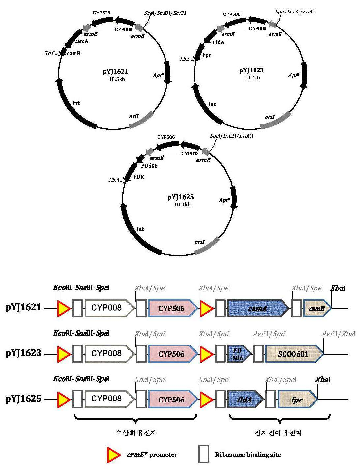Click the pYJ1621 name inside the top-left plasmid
pyautogui.click(x=115, y=72)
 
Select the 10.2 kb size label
pyautogui.click(x=252, y=78)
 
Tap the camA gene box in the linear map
pyautogui.click(x=258, y=308)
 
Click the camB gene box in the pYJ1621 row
pyautogui.click(x=317, y=308)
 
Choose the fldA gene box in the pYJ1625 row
pyautogui.click(x=246, y=400)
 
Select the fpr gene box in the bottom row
pyautogui.click(x=298, y=400)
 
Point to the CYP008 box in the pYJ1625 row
pyautogui.click(x=109, y=400)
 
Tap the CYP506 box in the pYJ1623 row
pyautogui.click(x=173, y=354)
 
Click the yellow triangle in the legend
pyautogui.click(x=114, y=455)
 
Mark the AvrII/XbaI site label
pyautogui.click(x=338, y=334)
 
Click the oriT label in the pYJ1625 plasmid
pyautogui.click(x=200, y=242)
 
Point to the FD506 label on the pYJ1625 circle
pyautogui.click(x=149, y=166)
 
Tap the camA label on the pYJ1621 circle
pyautogui.click(x=81, y=41)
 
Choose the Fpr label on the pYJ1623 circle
pyautogui.click(x=206, y=55)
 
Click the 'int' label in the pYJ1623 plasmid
pyautogui.click(x=212, y=104)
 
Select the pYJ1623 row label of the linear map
pyautogui.click(x=23, y=353)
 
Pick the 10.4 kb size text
pyautogui.click(x=182, y=205)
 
